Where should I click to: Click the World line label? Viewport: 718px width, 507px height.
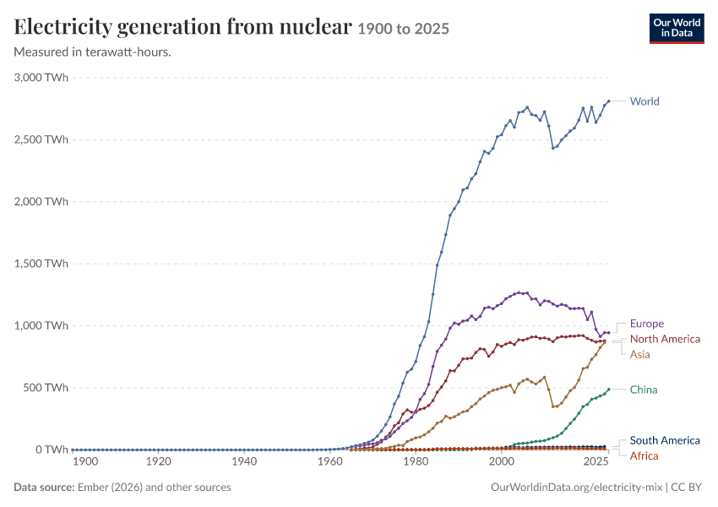(x=645, y=101)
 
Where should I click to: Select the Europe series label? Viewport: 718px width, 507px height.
(x=646, y=324)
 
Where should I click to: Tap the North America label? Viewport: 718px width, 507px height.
(x=665, y=339)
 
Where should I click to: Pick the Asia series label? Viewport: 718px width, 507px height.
(x=639, y=355)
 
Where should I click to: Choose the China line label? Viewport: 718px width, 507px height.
(x=644, y=390)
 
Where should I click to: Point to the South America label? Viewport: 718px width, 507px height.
(x=665, y=440)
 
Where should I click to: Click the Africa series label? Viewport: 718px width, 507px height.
(x=644, y=455)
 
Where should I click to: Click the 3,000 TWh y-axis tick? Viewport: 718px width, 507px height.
(x=41, y=78)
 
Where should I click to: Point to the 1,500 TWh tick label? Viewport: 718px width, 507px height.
(x=41, y=264)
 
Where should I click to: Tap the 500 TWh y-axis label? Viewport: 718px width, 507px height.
(x=46, y=388)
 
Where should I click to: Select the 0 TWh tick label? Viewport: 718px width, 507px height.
(x=52, y=450)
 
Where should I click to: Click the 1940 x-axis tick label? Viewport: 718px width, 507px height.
(x=244, y=461)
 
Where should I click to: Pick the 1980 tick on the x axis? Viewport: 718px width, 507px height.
(x=416, y=461)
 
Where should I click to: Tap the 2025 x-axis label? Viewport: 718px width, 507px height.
(x=596, y=461)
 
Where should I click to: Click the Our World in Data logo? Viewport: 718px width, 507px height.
(x=677, y=29)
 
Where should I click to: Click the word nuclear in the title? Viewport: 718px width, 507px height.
(x=316, y=26)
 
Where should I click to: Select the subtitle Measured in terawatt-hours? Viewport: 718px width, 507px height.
(x=93, y=52)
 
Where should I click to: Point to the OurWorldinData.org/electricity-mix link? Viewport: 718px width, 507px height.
(x=576, y=488)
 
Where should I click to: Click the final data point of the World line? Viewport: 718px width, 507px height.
(x=608, y=101)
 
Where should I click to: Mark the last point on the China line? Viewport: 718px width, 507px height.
(x=608, y=390)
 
